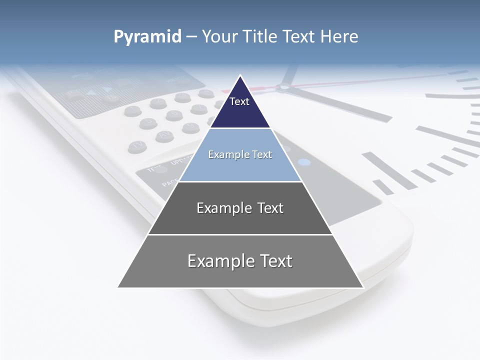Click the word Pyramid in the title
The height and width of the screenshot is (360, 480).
147,37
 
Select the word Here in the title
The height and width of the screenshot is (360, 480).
339,37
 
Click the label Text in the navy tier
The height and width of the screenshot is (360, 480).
239,101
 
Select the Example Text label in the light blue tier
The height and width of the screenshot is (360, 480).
240,154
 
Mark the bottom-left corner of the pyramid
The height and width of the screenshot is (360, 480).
118,287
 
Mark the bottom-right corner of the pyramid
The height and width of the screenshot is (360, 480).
363,287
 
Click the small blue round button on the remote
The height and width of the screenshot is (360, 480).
304,162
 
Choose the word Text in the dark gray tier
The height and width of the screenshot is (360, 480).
267,208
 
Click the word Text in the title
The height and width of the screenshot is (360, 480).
300,37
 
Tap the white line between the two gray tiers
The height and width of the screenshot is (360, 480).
240,234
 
